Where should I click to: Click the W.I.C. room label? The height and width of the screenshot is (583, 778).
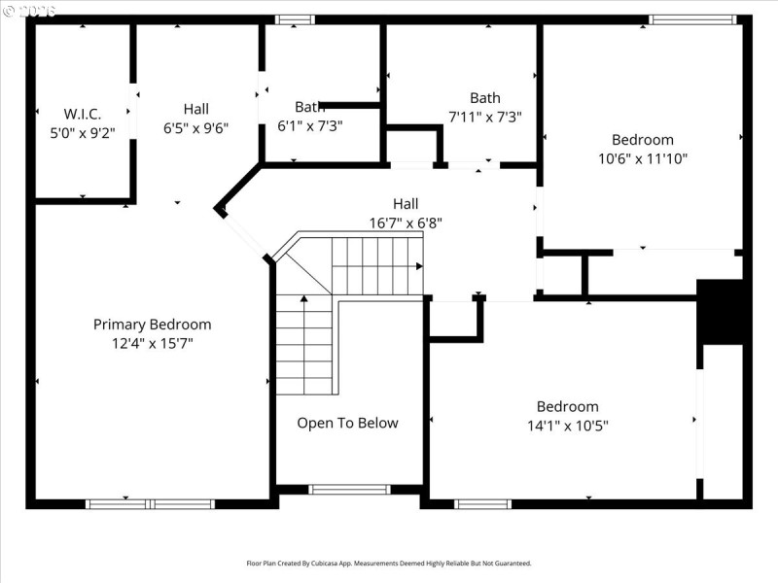(x=83, y=115)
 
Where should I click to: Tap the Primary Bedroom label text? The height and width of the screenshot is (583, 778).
(x=152, y=325)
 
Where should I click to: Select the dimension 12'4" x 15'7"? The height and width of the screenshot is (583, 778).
(x=152, y=343)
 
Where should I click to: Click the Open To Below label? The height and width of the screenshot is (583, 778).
(x=347, y=423)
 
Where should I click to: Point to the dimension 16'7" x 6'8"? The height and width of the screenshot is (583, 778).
(x=406, y=223)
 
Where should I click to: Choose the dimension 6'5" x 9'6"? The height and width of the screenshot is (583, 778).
(x=196, y=127)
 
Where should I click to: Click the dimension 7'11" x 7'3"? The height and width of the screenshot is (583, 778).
(x=485, y=117)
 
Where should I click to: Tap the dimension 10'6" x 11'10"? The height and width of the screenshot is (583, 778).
(x=642, y=158)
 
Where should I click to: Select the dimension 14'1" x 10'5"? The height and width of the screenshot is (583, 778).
(x=568, y=425)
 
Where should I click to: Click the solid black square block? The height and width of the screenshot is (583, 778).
(x=721, y=312)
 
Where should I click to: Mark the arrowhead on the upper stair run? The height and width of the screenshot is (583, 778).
(x=419, y=265)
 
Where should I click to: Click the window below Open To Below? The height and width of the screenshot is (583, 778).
(x=349, y=489)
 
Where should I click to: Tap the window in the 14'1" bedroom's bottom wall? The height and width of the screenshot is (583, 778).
(x=483, y=503)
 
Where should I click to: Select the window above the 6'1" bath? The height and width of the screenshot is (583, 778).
(x=295, y=19)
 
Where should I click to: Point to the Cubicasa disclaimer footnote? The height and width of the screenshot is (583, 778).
(x=389, y=563)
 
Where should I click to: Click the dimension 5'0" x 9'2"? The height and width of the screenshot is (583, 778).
(x=83, y=133)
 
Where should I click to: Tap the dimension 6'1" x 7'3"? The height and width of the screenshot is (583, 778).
(x=310, y=125)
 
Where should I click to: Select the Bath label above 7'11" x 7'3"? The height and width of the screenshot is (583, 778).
(x=485, y=98)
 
